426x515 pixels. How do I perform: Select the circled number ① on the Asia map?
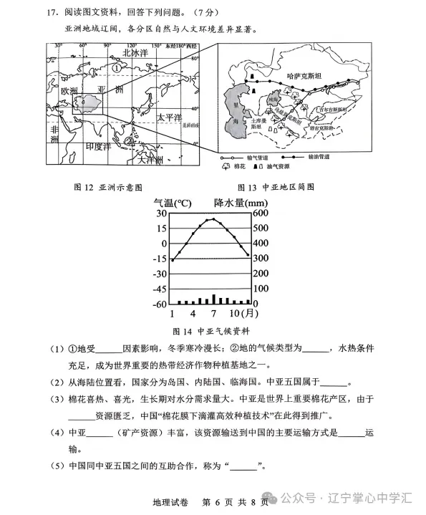[117, 68]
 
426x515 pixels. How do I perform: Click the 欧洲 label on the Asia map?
[69, 92]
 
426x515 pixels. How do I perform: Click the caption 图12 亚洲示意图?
[108, 187]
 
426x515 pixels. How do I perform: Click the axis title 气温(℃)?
[173, 203]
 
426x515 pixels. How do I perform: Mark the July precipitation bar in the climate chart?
[213, 299]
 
